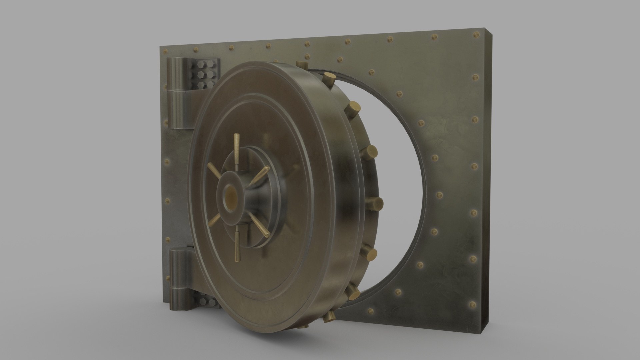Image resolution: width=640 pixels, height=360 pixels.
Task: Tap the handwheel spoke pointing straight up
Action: coord(237,147)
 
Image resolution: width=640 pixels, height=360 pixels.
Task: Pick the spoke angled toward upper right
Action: coord(260,176)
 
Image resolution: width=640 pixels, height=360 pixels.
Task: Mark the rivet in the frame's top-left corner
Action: coord(164,51)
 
